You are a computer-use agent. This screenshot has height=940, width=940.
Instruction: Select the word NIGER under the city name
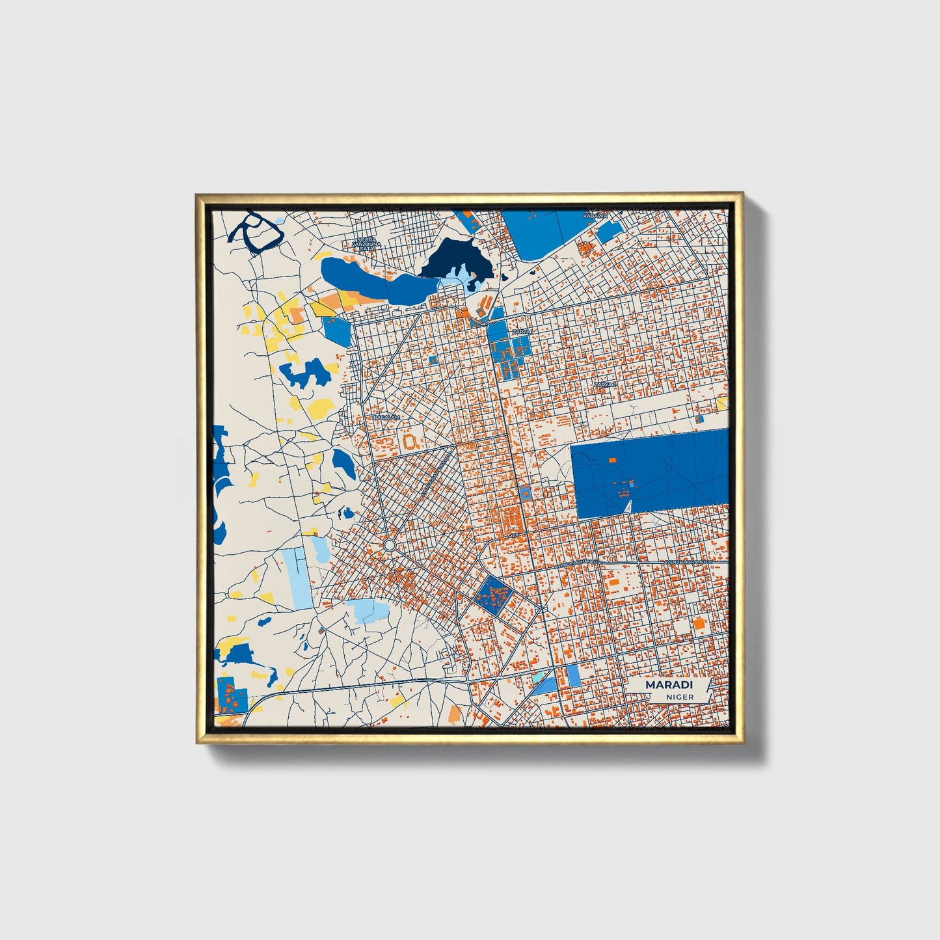pyautogui.click(x=680, y=697)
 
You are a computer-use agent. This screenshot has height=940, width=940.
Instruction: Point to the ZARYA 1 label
pyautogui.click(x=522, y=332)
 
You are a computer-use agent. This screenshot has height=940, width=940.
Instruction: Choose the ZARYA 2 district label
pyautogui.click(x=604, y=384)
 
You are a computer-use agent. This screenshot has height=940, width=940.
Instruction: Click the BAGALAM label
pyautogui.click(x=385, y=417)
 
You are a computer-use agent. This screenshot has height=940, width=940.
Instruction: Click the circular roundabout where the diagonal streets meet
pyautogui.click(x=389, y=544)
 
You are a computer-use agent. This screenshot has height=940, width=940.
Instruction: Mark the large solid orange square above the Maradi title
pyautogui.click(x=699, y=623)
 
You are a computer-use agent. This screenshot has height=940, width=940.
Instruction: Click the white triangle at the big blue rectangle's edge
pyautogui.click(x=627, y=505)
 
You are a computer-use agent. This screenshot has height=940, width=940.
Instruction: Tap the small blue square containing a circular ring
pyautogui.click(x=524, y=492)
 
